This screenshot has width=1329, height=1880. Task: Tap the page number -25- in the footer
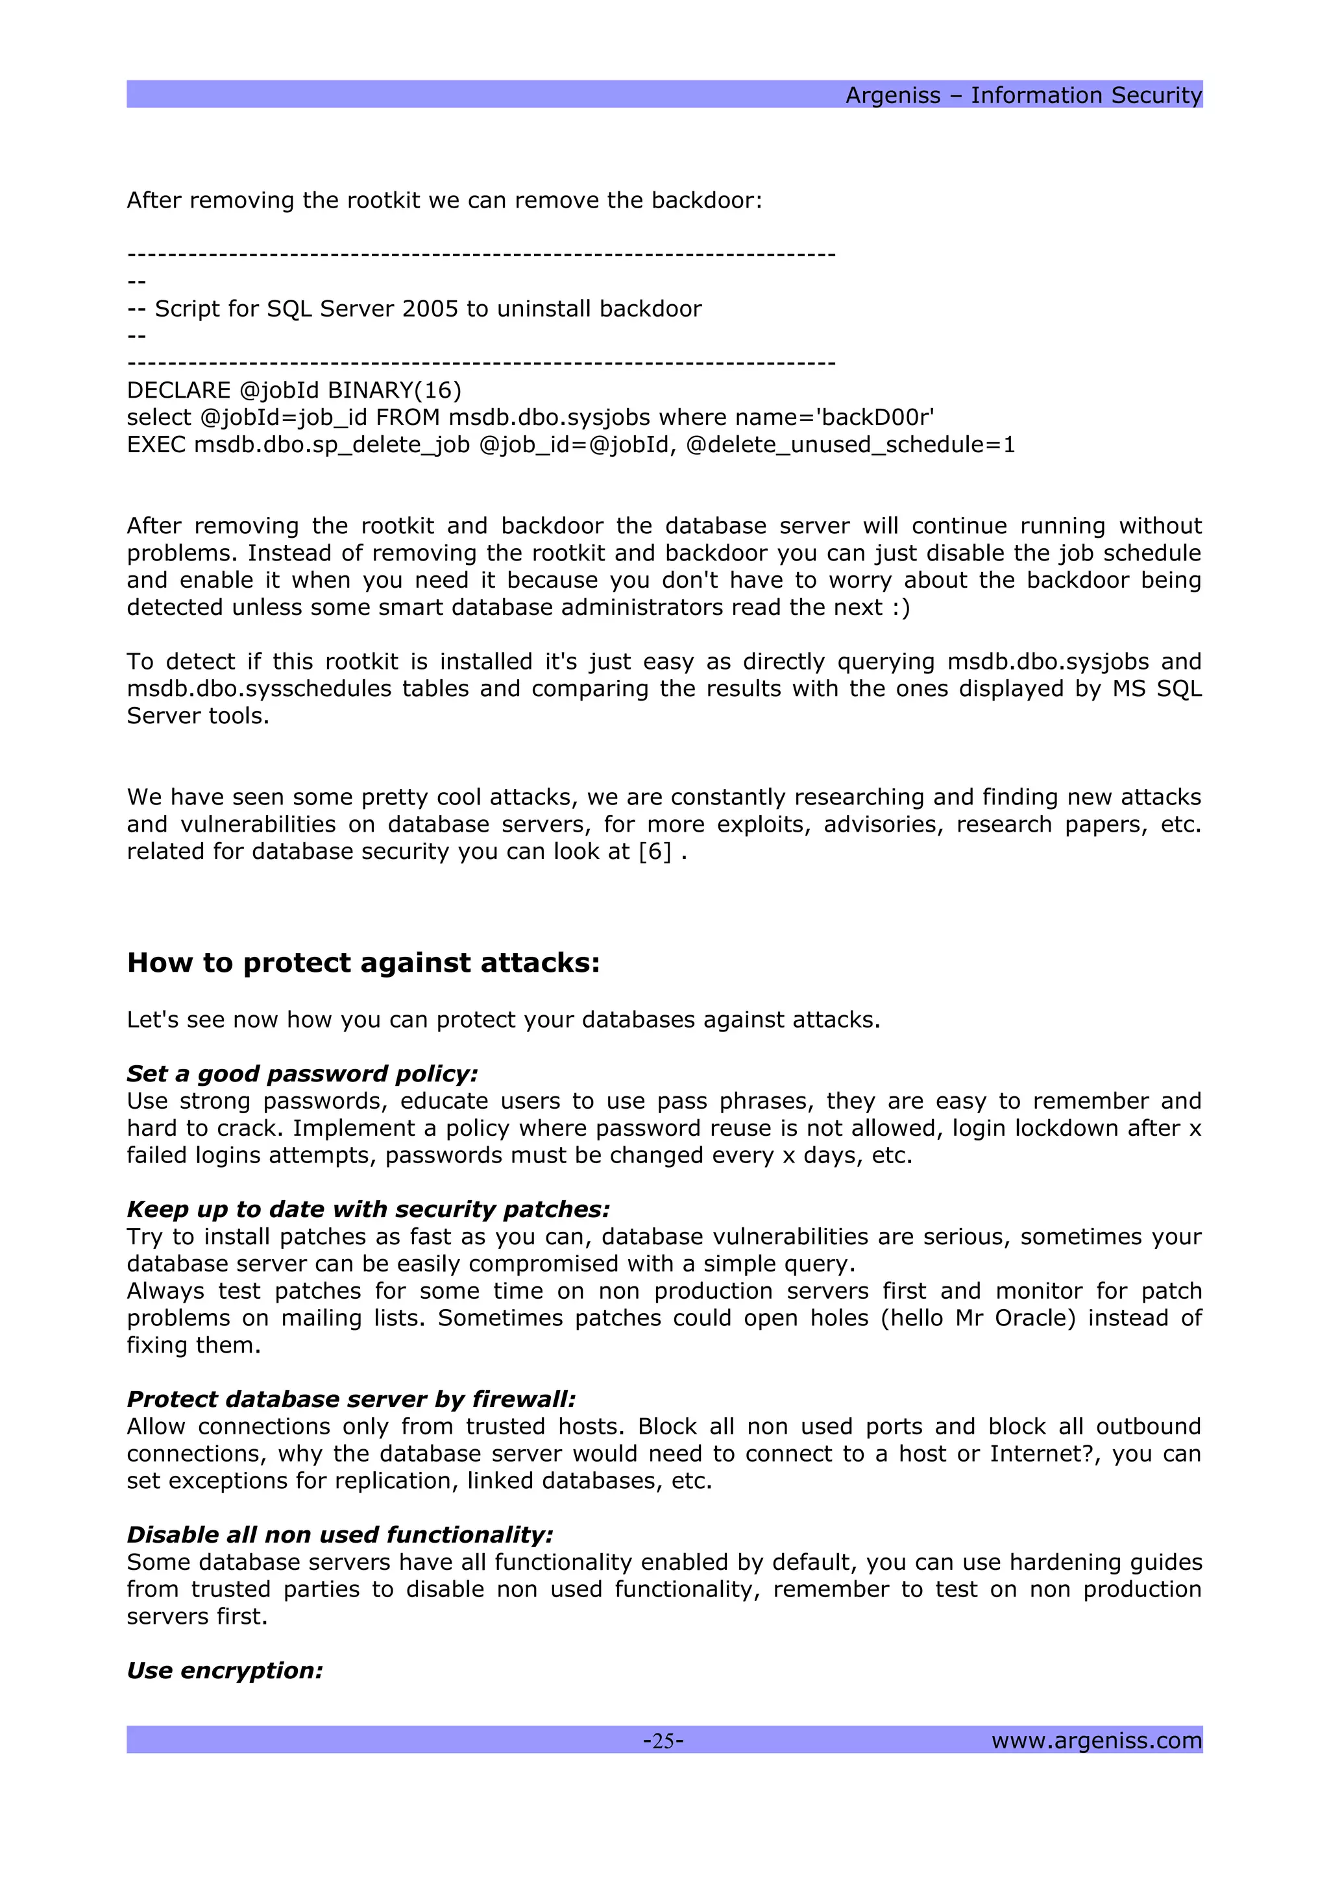pyautogui.click(x=663, y=1740)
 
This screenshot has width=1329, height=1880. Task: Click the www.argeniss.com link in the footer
pyautogui.click(x=1095, y=1740)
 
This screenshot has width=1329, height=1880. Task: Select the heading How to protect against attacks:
pyautogui.click(x=363, y=963)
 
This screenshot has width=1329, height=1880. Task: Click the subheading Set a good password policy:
pyautogui.click(x=302, y=1074)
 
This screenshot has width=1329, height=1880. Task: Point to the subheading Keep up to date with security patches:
pyautogui.click(x=369, y=1209)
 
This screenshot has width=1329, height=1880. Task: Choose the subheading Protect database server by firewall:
pyautogui.click(x=351, y=1399)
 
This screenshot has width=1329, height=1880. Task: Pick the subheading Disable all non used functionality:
pyautogui.click(x=340, y=1534)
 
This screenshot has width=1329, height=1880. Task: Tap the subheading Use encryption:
pyautogui.click(x=225, y=1670)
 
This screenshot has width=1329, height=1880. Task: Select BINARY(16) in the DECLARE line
pyautogui.click(x=395, y=391)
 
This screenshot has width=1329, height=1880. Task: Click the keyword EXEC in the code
pyautogui.click(x=156, y=444)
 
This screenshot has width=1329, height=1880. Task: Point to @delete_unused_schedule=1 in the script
pyautogui.click(x=850, y=444)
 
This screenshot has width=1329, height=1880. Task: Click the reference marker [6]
pyautogui.click(x=655, y=852)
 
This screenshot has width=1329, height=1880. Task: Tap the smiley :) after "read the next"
pyautogui.click(x=901, y=608)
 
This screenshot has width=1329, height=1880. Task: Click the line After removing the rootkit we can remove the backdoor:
pyautogui.click(x=444, y=200)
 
